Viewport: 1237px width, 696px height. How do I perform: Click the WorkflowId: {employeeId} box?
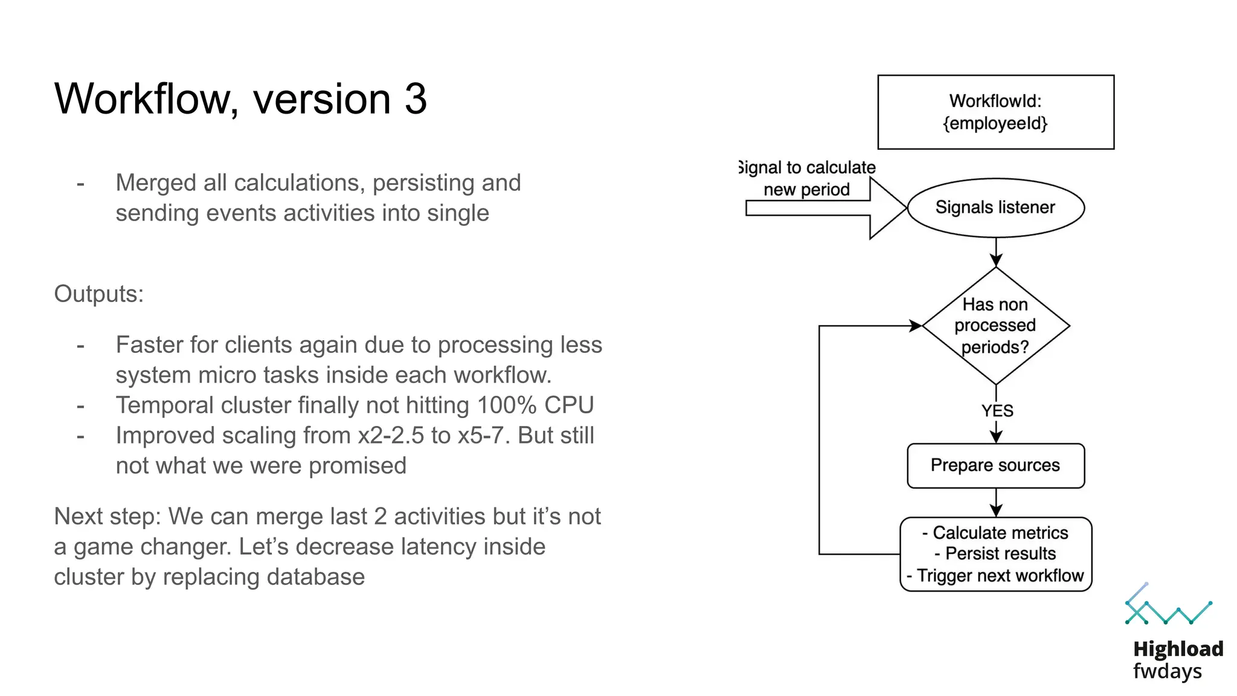pyautogui.click(x=995, y=112)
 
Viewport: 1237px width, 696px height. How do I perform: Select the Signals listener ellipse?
pyautogui.click(x=995, y=207)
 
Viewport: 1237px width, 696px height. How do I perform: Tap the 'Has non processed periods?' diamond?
pyautogui.click(x=995, y=326)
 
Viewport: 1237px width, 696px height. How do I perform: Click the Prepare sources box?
pyautogui.click(x=995, y=465)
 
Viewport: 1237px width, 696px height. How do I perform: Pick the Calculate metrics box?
pyautogui.click(x=995, y=553)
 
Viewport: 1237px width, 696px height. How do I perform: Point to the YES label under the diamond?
pyautogui.click(x=997, y=411)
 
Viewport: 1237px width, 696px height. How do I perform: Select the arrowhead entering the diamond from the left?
pyautogui.click(x=915, y=326)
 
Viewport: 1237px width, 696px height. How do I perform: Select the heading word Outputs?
pyautogui.click(x=99, y=294)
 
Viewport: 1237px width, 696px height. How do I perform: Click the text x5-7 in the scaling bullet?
pyautogui.click(x=481, y=436)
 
